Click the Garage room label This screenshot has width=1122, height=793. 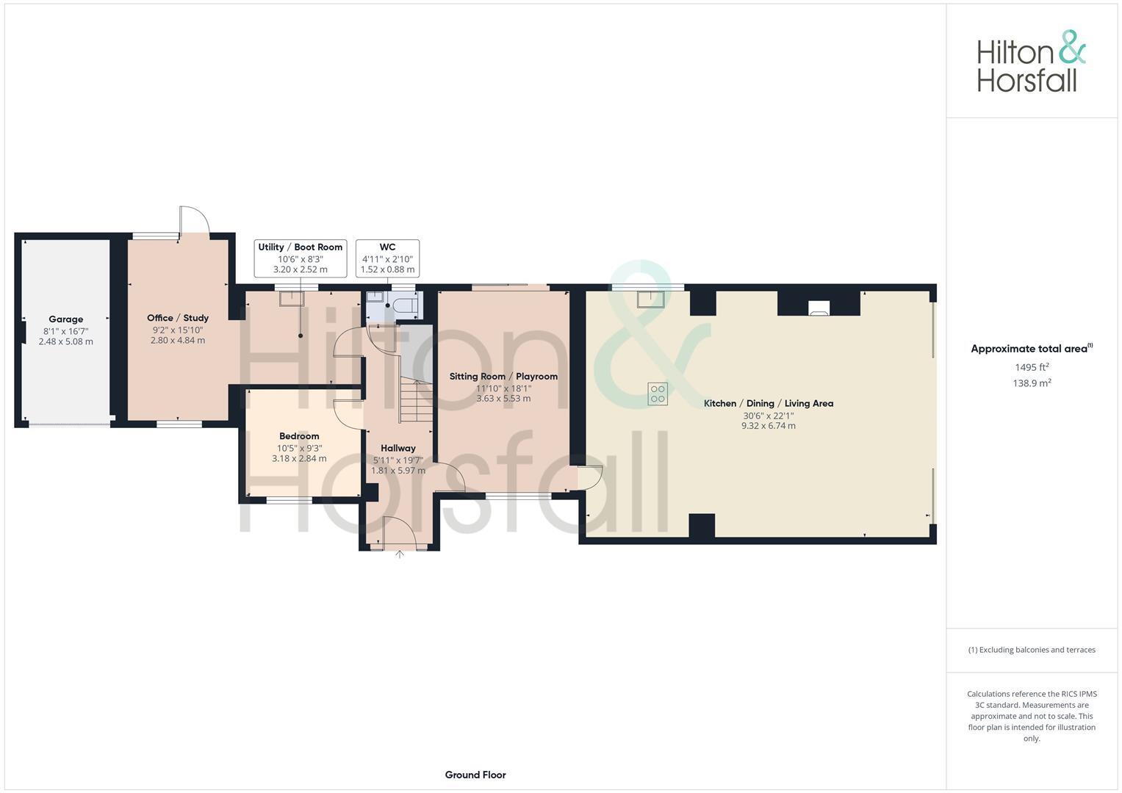[65, 319]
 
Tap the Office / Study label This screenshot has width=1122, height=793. [178, 318]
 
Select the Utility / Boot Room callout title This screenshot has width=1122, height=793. [300, 247]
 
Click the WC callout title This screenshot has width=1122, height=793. [387, 247]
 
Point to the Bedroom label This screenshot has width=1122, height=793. [299, 436]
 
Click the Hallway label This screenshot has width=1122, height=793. [398, 448]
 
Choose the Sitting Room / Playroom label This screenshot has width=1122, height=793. [503, 377]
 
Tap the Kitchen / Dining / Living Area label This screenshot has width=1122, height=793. [768, 403]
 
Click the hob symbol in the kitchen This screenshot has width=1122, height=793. [657, 394]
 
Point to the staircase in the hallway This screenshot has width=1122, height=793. [415, 401]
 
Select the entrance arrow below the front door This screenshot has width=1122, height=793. [400, 554]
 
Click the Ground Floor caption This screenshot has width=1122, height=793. [475, 775]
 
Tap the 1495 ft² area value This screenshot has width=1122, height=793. [1032, 367]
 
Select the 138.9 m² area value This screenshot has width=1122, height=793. [1032, 383]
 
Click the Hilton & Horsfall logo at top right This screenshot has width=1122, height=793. [1031, 62]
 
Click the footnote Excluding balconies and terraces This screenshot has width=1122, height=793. [1032, 650]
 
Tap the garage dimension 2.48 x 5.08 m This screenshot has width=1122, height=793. [65, 341]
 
